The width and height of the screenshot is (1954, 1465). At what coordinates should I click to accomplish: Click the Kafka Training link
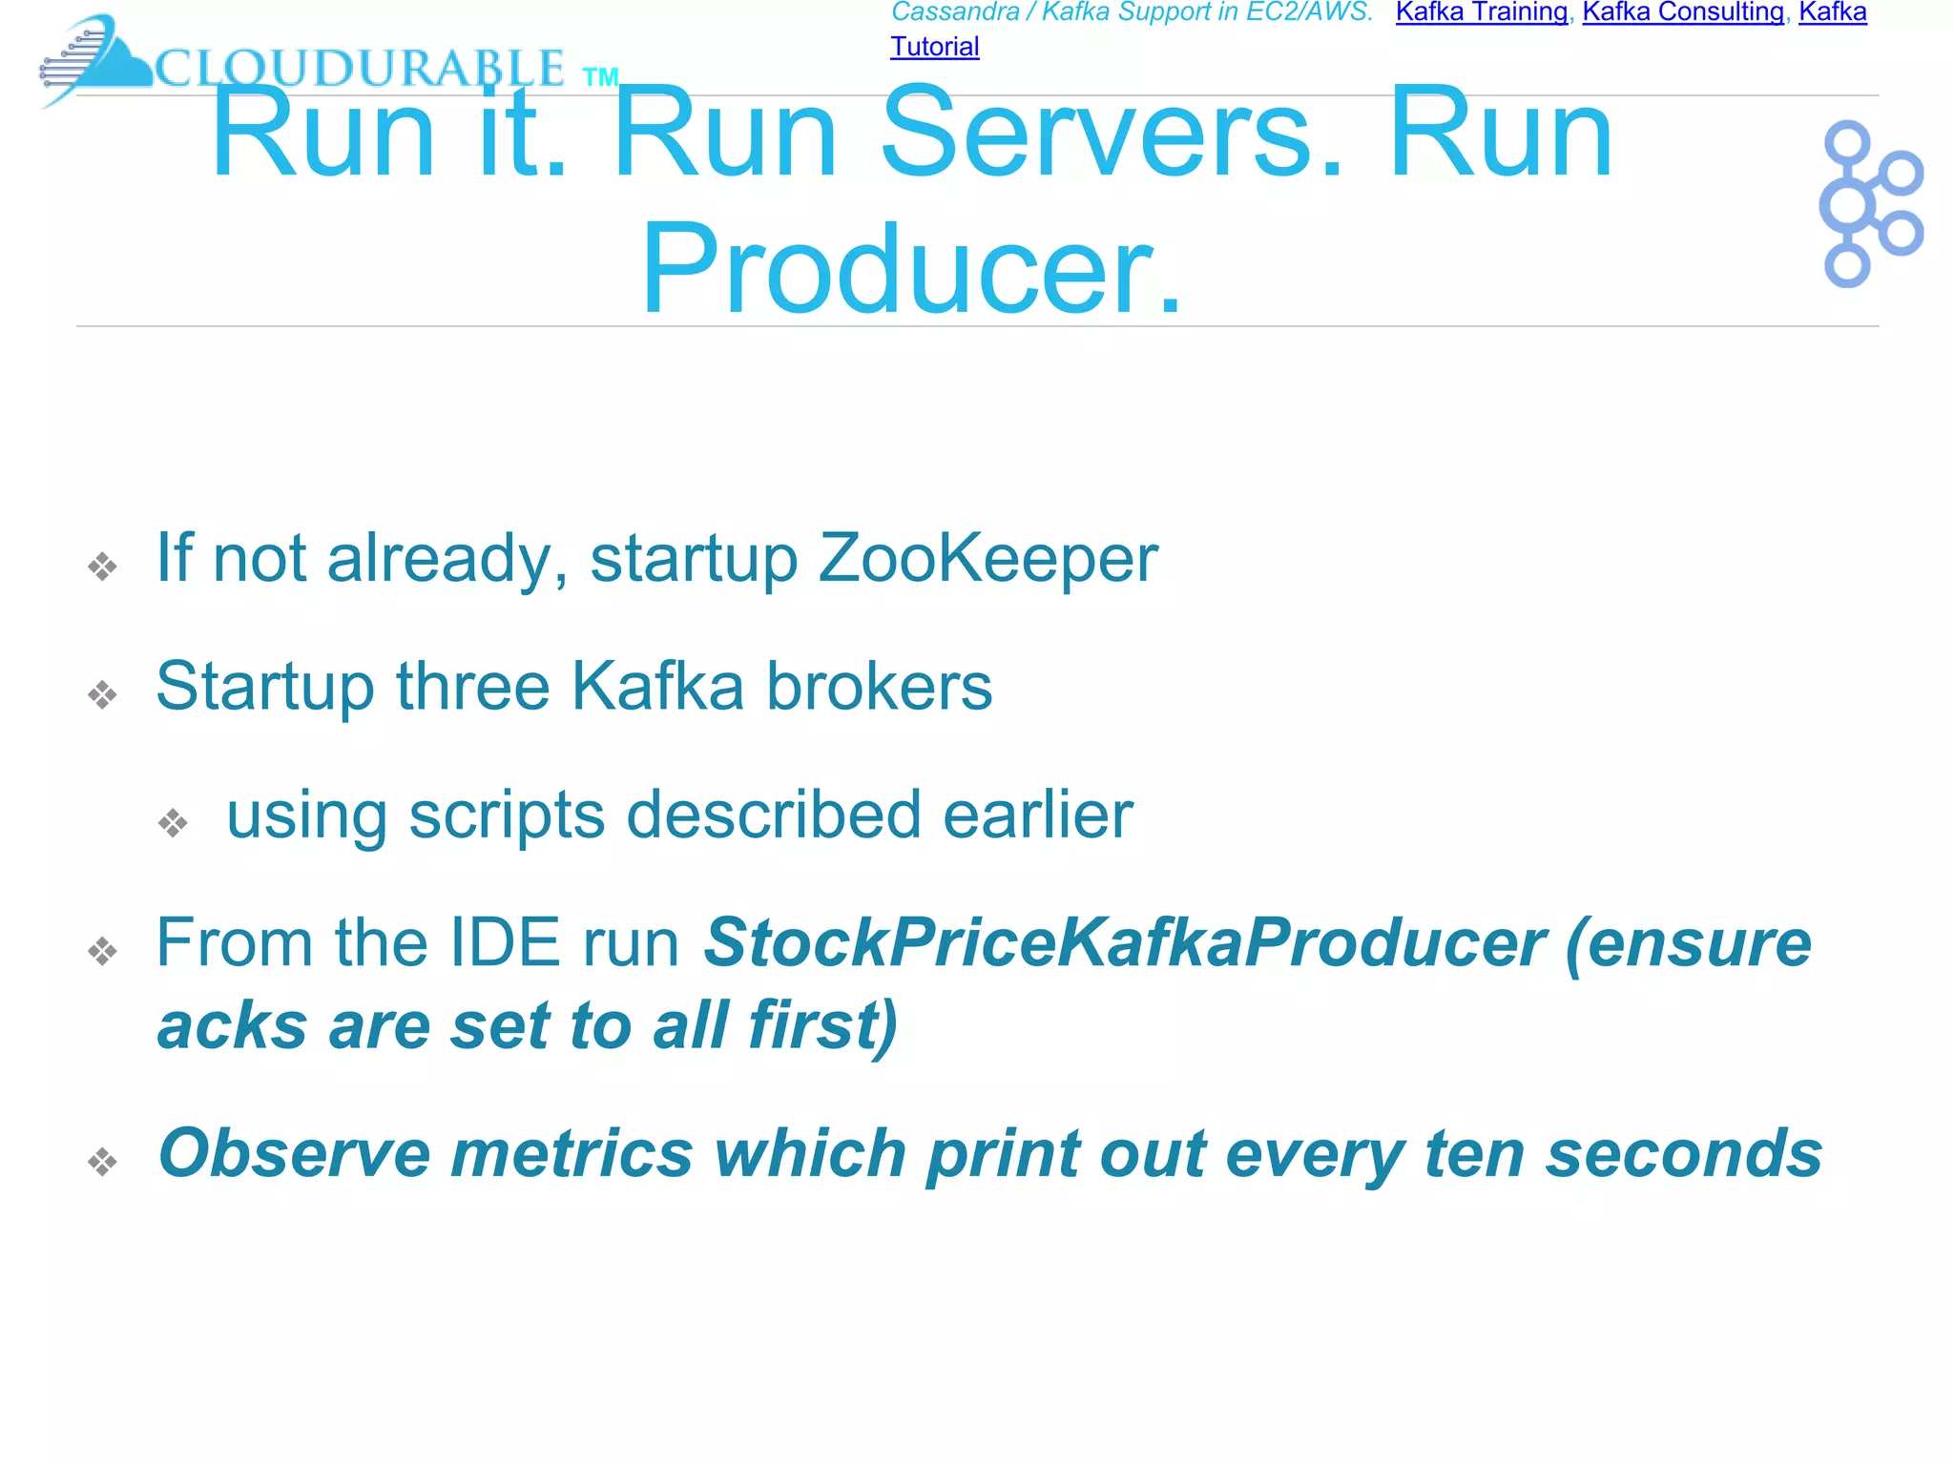click(1481, 12)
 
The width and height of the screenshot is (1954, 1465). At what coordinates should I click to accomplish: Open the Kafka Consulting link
click(1683, 12)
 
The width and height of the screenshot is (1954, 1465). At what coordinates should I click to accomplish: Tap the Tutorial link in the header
click(934, 47)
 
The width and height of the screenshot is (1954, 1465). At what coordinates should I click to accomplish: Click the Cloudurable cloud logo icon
click(95, 59)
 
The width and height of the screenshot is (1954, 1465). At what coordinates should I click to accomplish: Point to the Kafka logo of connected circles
click(1869, 203)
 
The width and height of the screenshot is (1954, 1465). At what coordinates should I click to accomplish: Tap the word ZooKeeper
click(987, 558)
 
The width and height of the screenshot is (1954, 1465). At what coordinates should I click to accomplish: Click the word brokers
click(879, 687)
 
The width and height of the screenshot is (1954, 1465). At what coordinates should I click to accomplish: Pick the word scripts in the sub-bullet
click(507, 815)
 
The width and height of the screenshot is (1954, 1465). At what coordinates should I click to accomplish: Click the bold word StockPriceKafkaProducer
click(1124, 943)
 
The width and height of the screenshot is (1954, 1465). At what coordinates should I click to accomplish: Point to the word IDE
click(504, 943)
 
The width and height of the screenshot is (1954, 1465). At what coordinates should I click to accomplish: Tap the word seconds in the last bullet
click(1684, 1154)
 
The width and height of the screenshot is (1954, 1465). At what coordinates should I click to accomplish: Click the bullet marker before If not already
click(102, 567)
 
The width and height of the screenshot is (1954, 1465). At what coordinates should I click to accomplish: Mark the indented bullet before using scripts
click(173, 823)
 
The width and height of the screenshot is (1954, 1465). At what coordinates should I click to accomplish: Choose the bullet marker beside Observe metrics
click(102, 1162)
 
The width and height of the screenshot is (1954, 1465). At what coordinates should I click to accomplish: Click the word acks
click(233, 1026)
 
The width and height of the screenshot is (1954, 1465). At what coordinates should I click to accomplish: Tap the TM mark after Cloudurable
click(600, 77)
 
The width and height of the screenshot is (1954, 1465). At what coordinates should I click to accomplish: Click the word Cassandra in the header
click(955, 12)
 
